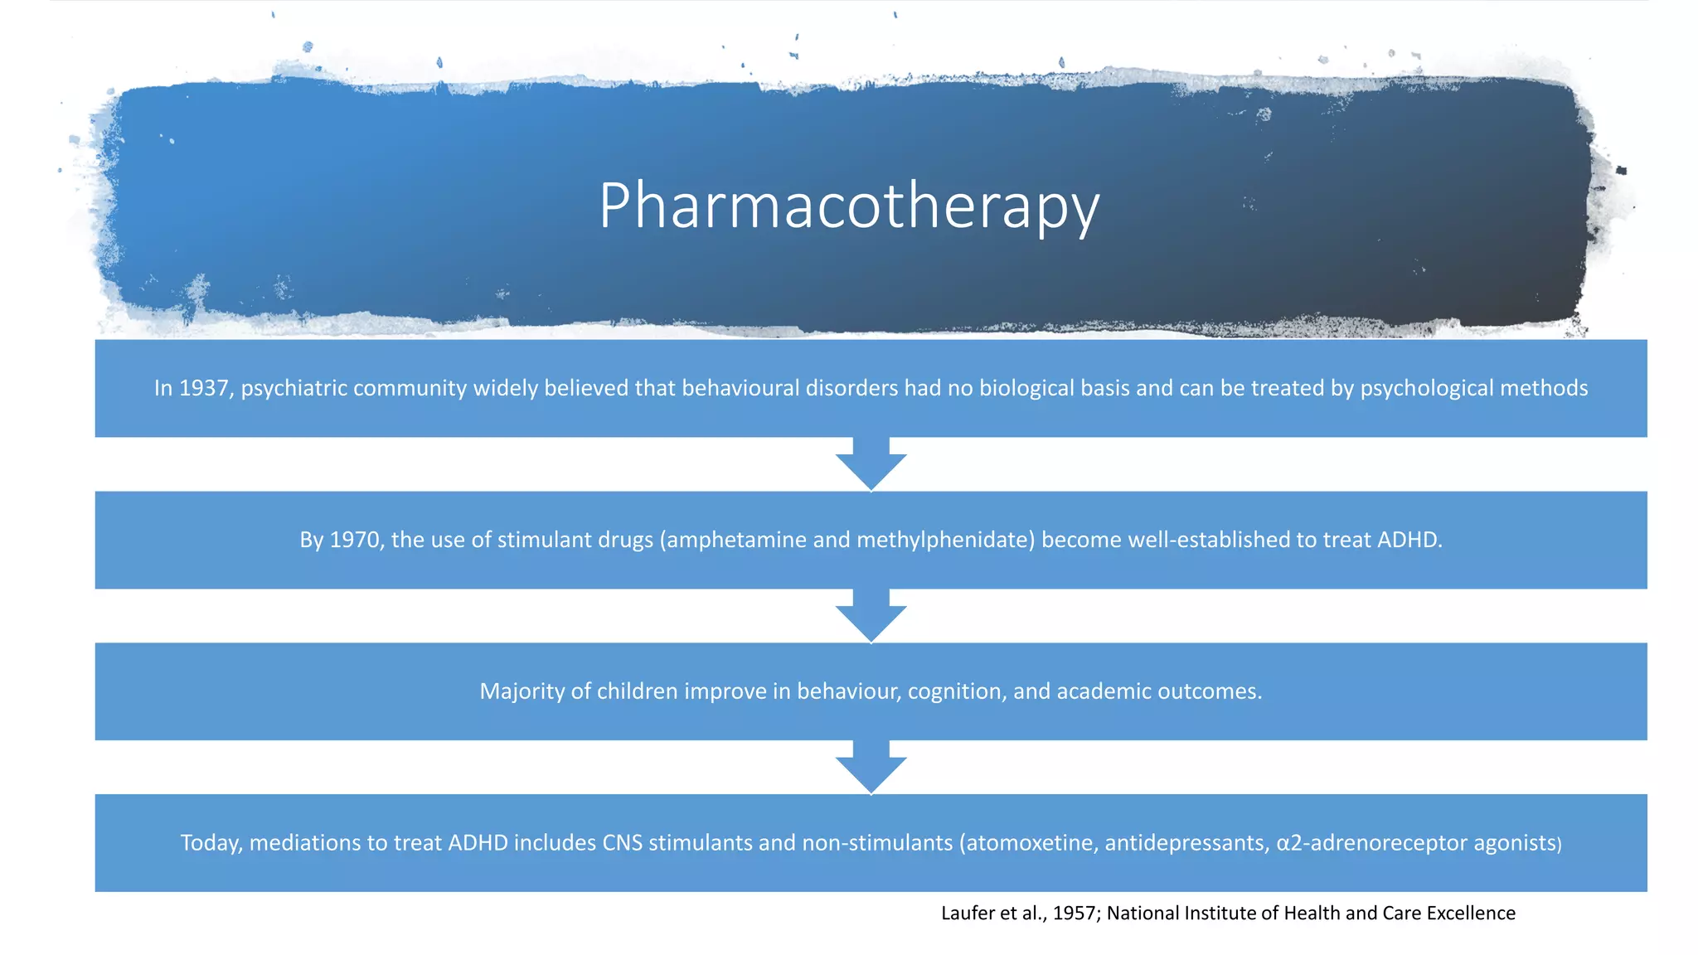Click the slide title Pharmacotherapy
[849, 206]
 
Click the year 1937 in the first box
[204, 388]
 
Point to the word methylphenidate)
[946, 540]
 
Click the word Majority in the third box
[522, 691]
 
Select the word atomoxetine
[1031, 843]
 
